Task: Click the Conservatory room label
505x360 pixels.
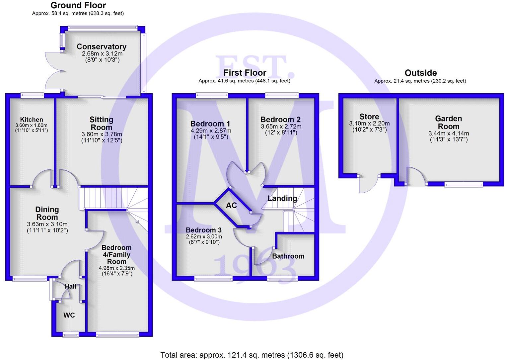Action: click(101, 47)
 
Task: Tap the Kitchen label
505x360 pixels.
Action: click(32, 120)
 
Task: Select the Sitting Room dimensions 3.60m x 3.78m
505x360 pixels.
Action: click(102, 134)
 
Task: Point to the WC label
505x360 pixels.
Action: click(69, 315)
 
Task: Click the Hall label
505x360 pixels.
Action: click(70, 287)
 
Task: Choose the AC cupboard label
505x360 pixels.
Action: click(231, 206)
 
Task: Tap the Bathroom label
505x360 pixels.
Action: click(288, 256)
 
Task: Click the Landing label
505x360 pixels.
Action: click(282, 199)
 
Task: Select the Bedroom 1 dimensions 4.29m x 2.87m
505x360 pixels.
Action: click(211, 131)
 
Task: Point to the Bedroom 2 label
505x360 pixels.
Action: click(280, 120)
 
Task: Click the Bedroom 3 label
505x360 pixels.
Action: click(203, 230)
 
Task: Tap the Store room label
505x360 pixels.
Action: click(369, 117)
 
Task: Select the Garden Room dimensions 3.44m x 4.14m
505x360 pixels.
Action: click(449, 134)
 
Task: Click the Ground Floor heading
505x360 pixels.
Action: click(78, 5)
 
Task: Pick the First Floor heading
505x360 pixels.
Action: click(245, 73)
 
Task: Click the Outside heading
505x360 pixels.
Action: click(420, 73)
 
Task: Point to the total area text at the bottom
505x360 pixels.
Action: click(252, 355)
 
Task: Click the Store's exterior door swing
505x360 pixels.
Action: click(368, 184)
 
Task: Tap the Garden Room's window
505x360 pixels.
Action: click(464, 184)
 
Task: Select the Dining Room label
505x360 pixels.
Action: click(47, 213)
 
